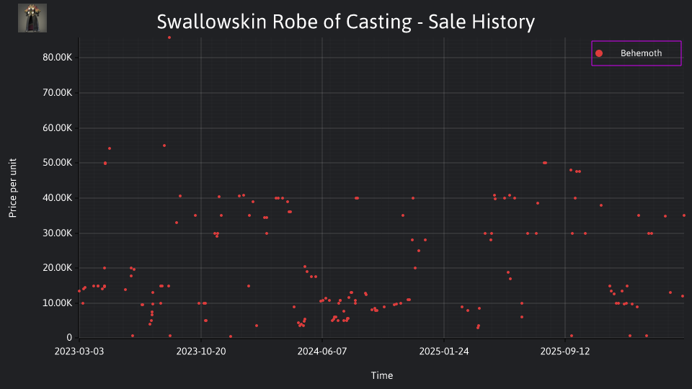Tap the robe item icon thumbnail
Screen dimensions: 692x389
(32, 18)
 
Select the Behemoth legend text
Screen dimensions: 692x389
(641, 53)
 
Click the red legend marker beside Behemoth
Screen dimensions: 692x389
(599, 53)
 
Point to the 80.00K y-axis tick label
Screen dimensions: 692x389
(58, 58)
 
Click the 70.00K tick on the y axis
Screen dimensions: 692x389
(58, 93)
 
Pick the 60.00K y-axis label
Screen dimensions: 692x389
(58, 128)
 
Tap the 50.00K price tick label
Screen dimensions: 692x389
(58, 163)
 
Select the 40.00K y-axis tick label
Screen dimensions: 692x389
(58, 198)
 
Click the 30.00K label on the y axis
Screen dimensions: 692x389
(58, 233)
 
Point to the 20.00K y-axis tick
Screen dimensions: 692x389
(58, 268)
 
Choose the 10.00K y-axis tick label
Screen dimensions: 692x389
(58, 303)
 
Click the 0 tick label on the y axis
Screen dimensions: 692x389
(69, 338)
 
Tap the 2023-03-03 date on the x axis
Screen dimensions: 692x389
(79, 352)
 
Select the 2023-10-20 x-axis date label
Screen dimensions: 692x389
(201, 352)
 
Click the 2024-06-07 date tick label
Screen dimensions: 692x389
(322, 352)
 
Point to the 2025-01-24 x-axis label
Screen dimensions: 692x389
(444, 352)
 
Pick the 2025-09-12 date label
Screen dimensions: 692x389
(565, 352)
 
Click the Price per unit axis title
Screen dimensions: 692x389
(13, 188)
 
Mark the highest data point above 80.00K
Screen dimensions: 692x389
(169, 37)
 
